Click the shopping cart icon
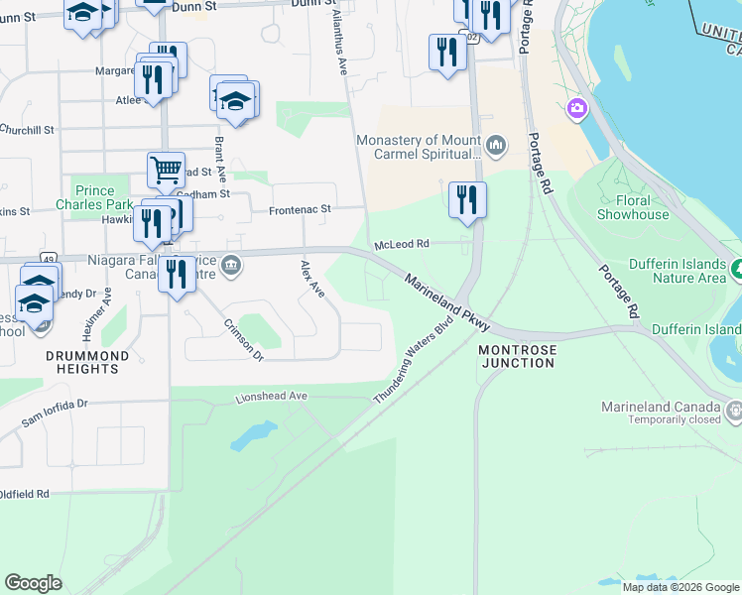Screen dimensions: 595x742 tap(166, 169)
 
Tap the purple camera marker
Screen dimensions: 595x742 tap(576, 107)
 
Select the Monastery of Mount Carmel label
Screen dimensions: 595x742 tap(421, 147)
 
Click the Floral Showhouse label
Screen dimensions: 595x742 tap(632, 207)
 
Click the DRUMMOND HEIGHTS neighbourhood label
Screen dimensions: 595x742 tap(87, 362)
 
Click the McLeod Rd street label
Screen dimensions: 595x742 tap(401, 244)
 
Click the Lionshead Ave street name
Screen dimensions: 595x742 tap(273, 397)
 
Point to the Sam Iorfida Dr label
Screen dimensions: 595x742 tap(56, 414)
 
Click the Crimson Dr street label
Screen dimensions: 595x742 tap(244, 339)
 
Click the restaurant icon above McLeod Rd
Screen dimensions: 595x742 tap(467, 199)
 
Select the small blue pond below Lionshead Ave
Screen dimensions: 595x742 tap(255, 433)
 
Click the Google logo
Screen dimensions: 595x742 tap(33, 583)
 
